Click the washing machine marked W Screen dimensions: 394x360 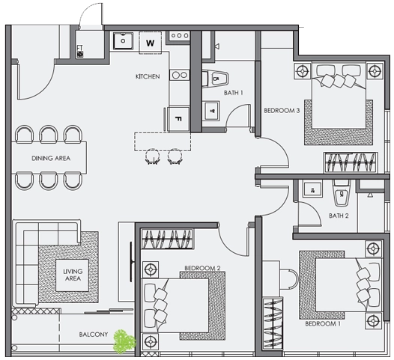pyautogui.click(x=151, y=43)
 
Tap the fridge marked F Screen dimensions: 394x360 pyautogui.click(x=178, y=119)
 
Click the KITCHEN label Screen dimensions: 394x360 pyautogui.click(x=148, y=76)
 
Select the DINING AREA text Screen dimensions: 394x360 pyautogui.click(x=51, y=158)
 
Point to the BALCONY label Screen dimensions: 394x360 pyautogui.click(x=94, y=335)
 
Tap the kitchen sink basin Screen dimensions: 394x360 pyautogui.click(x=123, y=40)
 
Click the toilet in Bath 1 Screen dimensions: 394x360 pyautogui.click(x=215, y=79)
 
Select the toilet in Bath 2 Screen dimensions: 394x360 pyautogui.click(x=342, y=192)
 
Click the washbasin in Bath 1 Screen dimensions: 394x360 pyautogui.click(x=211, y=111)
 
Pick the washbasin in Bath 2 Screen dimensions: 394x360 pyautogui.click(x=312, y=189)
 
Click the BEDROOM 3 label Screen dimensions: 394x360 pyautogui.click(x=282, y=111)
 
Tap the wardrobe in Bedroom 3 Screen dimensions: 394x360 pyautogui.click(x=351, y=162)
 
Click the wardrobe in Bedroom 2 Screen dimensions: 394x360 pyautogui.click(x=167, y=239)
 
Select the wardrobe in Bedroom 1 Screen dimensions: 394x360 pyautogui.click(x=273, y=324)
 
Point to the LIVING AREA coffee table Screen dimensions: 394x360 pyautogui.click(x=73, y=275)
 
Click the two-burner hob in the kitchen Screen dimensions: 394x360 pyautogui.click(x=180, y=75)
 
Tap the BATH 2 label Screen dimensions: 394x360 pyautogui.click(x=339, y=216)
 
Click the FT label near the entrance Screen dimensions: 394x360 pyautogui.click(x=80, y=48)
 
